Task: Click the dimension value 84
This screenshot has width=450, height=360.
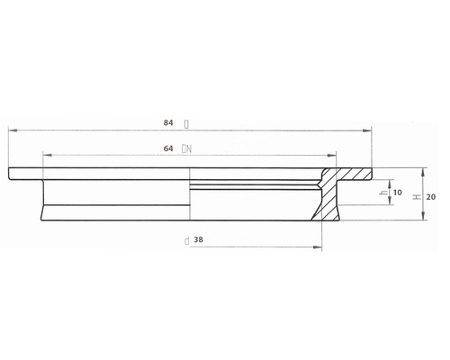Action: [168, 122]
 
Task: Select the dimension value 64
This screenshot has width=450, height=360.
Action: [168, 148]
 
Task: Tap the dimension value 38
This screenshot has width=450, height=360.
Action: [198, 239]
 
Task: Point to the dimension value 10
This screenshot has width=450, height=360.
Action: [397, 193]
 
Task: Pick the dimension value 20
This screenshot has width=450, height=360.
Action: [431, 197]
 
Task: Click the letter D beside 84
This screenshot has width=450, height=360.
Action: [186, 124]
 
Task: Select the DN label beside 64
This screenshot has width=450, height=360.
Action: [186, 148]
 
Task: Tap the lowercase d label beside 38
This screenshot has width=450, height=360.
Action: [186, 240]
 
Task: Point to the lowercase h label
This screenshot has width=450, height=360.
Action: [382, 193]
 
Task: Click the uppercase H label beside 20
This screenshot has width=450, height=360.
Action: [417, 197]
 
